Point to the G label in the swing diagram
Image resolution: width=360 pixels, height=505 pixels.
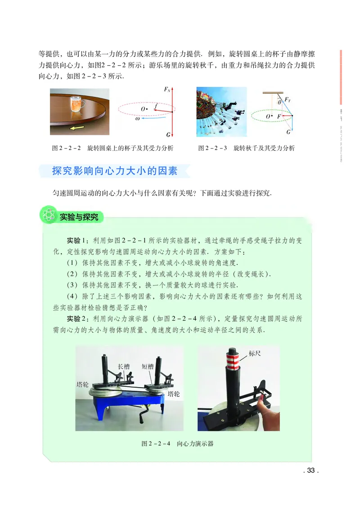pos(288,132)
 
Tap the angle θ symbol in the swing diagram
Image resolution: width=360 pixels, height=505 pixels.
pos(279,103)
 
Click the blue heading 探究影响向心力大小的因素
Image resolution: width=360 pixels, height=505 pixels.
pos(114,171)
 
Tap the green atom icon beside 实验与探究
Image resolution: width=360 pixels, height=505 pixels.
pos(48,216)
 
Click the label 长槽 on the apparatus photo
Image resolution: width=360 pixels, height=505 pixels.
pos(124,366)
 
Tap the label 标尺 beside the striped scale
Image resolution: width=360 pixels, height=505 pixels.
pos(255,353)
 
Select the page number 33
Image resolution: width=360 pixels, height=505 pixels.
pos(310,471)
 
